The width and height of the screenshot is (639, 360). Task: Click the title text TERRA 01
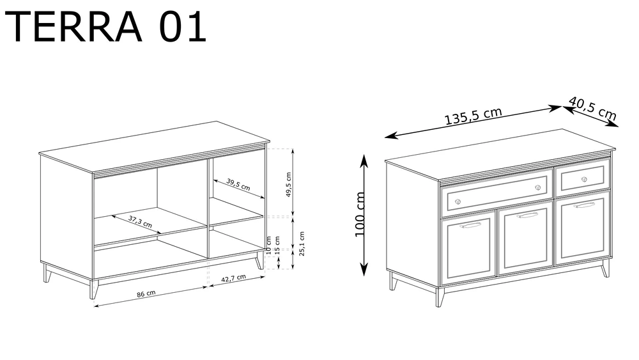coord(106,27)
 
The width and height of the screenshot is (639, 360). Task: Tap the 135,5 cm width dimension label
coord(473,116)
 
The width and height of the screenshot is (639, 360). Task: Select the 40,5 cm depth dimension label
coord(592,108)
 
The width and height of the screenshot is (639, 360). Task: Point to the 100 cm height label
coord(360,214)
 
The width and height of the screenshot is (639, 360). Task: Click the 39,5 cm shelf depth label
coord(238,185)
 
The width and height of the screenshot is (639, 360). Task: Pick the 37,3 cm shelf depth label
coord(140,221)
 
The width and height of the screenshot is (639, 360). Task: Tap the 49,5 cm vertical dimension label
coord(288,185)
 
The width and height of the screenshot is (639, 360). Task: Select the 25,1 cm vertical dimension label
coord(302,244)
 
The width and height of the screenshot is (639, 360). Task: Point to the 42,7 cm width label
coord(233,278)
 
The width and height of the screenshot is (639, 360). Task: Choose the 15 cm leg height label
coord(277,246)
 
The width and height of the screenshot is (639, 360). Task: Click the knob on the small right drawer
coord(584,179)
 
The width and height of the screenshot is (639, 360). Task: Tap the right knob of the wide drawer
coord(538,187)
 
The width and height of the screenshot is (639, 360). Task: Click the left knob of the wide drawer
coord(458,201)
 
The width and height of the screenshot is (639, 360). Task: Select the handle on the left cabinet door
coord(470,225)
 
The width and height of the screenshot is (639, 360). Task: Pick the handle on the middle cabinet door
coord(527,215)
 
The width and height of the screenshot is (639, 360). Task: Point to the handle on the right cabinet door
coord(585,205)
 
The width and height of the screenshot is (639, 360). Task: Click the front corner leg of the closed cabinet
coord(440,297)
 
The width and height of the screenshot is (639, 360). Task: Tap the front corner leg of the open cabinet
coord(94,289)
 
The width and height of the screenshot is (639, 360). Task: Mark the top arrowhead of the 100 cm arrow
coord(364,160)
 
